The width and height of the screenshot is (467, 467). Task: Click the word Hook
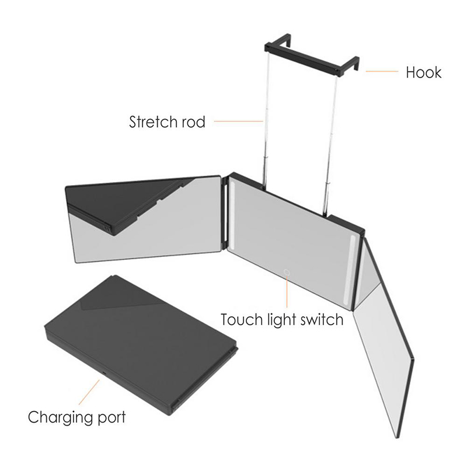click(x=424, y=72)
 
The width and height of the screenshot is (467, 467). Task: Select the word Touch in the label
click(x=241, y=319)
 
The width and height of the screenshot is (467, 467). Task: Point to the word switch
click(x=322, y=319)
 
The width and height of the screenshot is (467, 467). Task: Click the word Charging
click(x=61, y=417)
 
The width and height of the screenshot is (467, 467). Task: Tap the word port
click(x=111, y=417)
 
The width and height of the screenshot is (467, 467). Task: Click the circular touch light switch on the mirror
click(x=287, y=272)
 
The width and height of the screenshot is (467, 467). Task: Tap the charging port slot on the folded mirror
click(x=105, y=374)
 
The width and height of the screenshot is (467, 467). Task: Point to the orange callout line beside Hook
click(x=382, y=71)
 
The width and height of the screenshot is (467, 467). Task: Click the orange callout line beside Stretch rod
click(x=238, y=121)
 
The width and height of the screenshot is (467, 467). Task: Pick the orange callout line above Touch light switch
click(x=287, y=291)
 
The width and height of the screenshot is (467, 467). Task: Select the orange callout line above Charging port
click(x=89, y=392)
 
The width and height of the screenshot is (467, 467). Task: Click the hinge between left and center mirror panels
click(x=226, y=211)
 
